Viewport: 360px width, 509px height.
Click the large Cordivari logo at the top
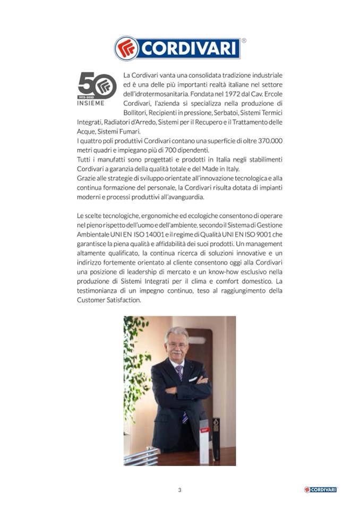click(x=177, y=48)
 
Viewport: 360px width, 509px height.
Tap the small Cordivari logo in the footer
click(x=320, y=489)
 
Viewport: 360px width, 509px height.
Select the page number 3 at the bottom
click(x=179, y=490)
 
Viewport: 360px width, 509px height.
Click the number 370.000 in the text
click(x=266, y=141)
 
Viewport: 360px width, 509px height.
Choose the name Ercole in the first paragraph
click(x=272, y=93)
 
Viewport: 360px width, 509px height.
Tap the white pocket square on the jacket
click(x=198, y=378)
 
